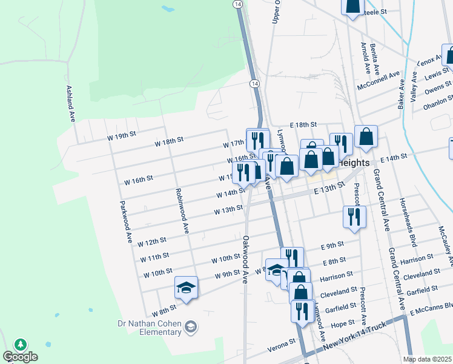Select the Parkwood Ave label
click(x=125, y=222)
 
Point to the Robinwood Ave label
click(x=182, y=211)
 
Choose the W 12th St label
click(x=152, y=243)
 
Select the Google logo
click(x=20, y=357)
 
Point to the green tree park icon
click(x=20, y=345)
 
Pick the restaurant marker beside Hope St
click(x=300, y=310)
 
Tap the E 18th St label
click(x=303, y=124)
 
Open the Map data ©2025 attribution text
click(x=427, y=359)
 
